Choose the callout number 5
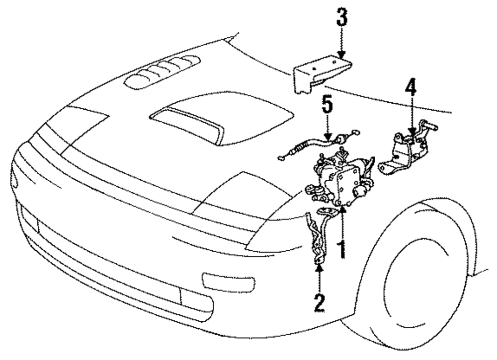[328, 105]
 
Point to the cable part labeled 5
[313, 146]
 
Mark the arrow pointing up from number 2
[319, 276]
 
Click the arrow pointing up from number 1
[342, 223]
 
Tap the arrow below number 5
[328, 128]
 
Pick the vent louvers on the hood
[162, 72]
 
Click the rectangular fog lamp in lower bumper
[196, 298]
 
